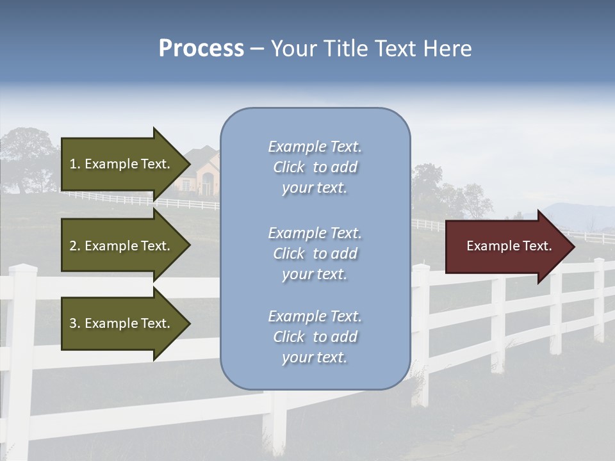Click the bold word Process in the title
point(201,49)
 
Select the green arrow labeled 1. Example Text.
point(122,164)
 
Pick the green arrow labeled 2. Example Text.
point(122,246)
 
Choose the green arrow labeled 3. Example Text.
point(122,323)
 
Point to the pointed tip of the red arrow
point(572,247)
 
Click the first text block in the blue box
point(315,167)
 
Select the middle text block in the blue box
point(315,253)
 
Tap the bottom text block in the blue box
point(315,337)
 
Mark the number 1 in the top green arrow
point(73,164)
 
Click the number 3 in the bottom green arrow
point(73,323)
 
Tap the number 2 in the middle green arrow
point(73,246)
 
